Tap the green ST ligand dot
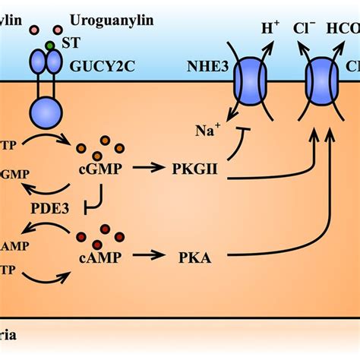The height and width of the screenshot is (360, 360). point(49,46)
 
